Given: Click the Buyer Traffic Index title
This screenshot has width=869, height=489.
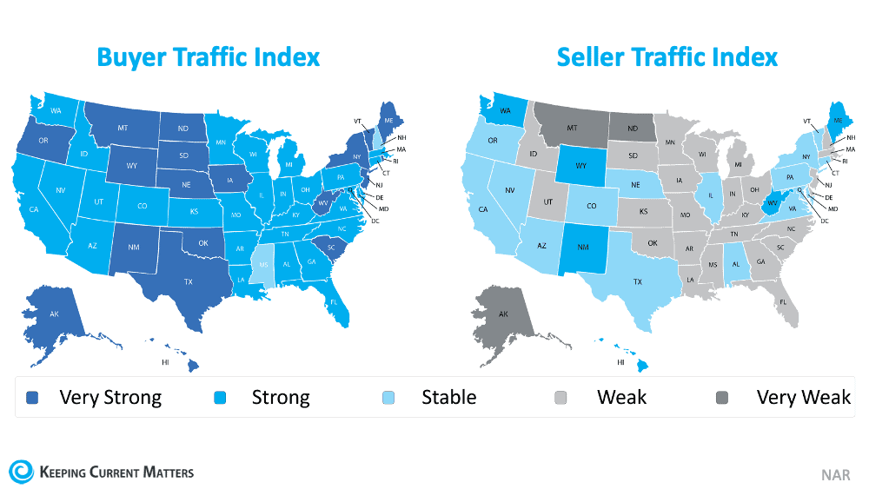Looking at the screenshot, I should pyautogui.click(x=208, y=57).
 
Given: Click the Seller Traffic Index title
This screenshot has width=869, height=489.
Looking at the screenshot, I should pyautogui.click(x=667, y=57).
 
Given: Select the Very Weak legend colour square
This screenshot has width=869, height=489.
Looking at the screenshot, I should pyautogui.click(x=733, y=399).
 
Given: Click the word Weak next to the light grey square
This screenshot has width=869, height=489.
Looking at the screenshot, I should pyautogui.click(x=621, y=398).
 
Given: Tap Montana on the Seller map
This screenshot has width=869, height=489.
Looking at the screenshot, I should pyautogui.click(x=573, y=129).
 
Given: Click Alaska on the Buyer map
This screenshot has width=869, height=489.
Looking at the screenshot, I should pyautogui.click(x=52, y=313).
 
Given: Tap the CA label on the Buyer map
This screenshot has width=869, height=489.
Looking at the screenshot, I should pyautogui.click(x=34, y=209).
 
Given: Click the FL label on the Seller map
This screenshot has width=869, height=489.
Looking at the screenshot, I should pyautogui.click(x=782, y=302).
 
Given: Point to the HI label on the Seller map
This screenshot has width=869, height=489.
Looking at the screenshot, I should pyautogui.click(x=621, y=361).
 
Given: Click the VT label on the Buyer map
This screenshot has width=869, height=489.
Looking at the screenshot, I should pyautogui.click(x=356, y=122).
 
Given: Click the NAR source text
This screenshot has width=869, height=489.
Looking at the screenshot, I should pyautogui.click(x=836, y=474).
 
